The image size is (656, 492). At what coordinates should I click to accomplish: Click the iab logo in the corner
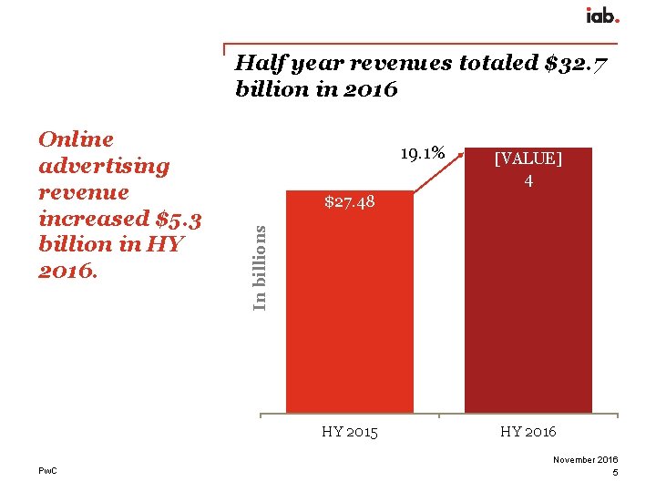point(602,15)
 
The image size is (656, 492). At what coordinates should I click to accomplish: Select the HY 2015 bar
point(350,310)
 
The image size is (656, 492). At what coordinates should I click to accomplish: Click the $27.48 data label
point(350,201)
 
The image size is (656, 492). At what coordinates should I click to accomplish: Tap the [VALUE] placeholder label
point(528,159)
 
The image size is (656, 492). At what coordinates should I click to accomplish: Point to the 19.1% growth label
point(423,153)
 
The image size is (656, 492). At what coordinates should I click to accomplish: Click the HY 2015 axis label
point(350,431)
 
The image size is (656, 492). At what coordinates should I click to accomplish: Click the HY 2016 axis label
point(528,431)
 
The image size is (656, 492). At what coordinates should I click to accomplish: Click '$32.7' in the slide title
point(576,64)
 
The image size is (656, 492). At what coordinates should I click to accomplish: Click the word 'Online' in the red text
point(77,139)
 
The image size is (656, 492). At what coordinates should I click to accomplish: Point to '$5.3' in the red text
point(179,219)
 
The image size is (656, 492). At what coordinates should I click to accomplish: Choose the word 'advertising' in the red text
point(104,166)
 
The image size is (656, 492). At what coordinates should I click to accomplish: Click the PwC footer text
point(47,469)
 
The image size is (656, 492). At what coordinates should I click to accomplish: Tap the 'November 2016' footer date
point(585,460)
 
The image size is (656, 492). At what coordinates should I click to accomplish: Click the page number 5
point(615,473)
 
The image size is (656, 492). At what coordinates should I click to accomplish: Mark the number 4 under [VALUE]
point(528,181)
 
